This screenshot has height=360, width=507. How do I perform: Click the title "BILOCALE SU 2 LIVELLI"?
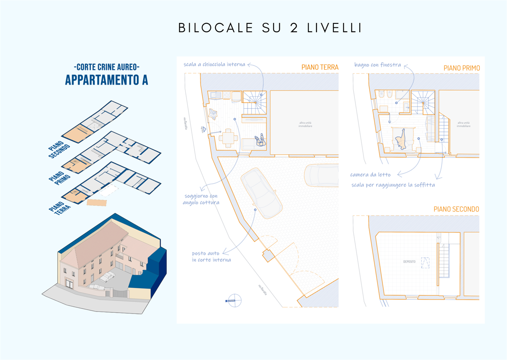pyautogui.click(x=270, y=28)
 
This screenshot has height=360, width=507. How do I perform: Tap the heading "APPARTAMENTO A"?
pyautogui.click(x=107, y=79)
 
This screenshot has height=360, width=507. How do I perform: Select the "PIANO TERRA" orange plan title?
pyautogui.click(x=320, y=67)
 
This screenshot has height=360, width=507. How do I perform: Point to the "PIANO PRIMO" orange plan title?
pyautogui.click(x=461, y=68)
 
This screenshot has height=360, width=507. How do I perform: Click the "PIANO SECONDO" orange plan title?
pyautogui.click(x=456, y=209)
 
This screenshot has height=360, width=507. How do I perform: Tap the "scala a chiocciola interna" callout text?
pyautogui.click(x=214, y=64)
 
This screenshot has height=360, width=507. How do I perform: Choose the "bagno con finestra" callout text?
pyautogui.click(x=377, y=65)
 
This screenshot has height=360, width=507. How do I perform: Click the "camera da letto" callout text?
pyautogui.click(x=370, y=174)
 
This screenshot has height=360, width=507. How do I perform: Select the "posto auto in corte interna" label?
pyautogui.click(x=212, y=256)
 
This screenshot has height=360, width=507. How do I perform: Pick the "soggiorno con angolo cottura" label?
pyautogui.click(x=200, y=199)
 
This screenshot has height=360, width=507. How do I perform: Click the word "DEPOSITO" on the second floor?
pyautogui.click(x=409, y=262)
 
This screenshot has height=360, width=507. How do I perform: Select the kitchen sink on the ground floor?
pyautogui.click(x=216, y=96)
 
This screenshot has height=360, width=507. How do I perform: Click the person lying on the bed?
pyautogui.click(x=402, y=139)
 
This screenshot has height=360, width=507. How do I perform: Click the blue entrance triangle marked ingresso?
pyautogui.click(x=204, y=128)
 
